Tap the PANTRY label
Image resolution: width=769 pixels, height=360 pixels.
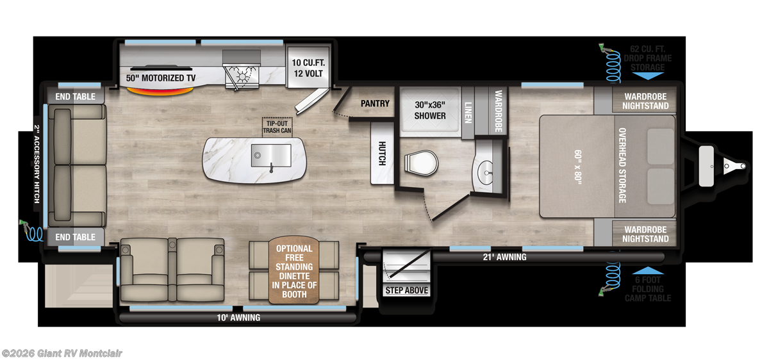point(375,103)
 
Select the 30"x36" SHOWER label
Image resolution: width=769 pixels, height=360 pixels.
point(429,111)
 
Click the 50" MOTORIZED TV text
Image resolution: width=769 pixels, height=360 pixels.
point(161,78)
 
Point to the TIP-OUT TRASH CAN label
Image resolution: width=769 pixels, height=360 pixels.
point(277,126)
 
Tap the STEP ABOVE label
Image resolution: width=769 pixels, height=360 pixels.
point(406,290)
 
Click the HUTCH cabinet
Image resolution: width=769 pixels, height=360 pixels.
point(381,152)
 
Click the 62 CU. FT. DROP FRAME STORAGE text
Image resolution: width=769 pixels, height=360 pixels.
point(651,58)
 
